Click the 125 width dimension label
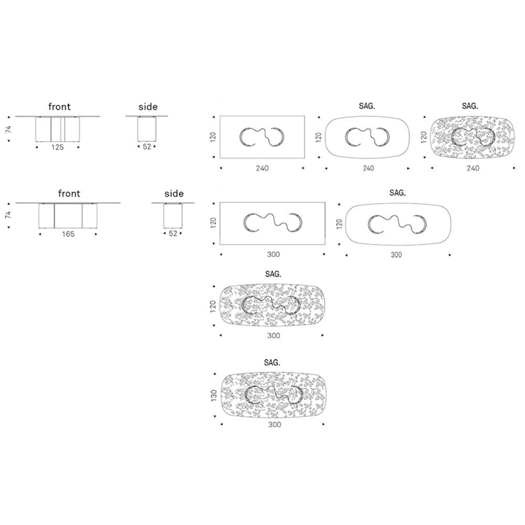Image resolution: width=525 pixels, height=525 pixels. (x=57, y=148)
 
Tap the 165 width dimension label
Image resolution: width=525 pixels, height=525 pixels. (x=68, y=234)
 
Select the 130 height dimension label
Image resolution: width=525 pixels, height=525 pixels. (x=214, y=395)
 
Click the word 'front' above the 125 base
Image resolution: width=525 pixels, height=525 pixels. (x=59, y=107)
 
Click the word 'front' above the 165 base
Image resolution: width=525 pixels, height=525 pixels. (x=69, y=194)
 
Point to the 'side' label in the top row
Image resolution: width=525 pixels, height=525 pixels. (x=148, y=107)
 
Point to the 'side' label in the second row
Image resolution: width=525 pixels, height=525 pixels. (x=174, y=194)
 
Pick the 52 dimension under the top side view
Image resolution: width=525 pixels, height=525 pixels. (x=147, y=146)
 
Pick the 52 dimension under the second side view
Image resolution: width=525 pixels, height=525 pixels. (x=173, y=234)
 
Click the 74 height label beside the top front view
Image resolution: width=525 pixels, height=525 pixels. (x=8, y=129)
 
